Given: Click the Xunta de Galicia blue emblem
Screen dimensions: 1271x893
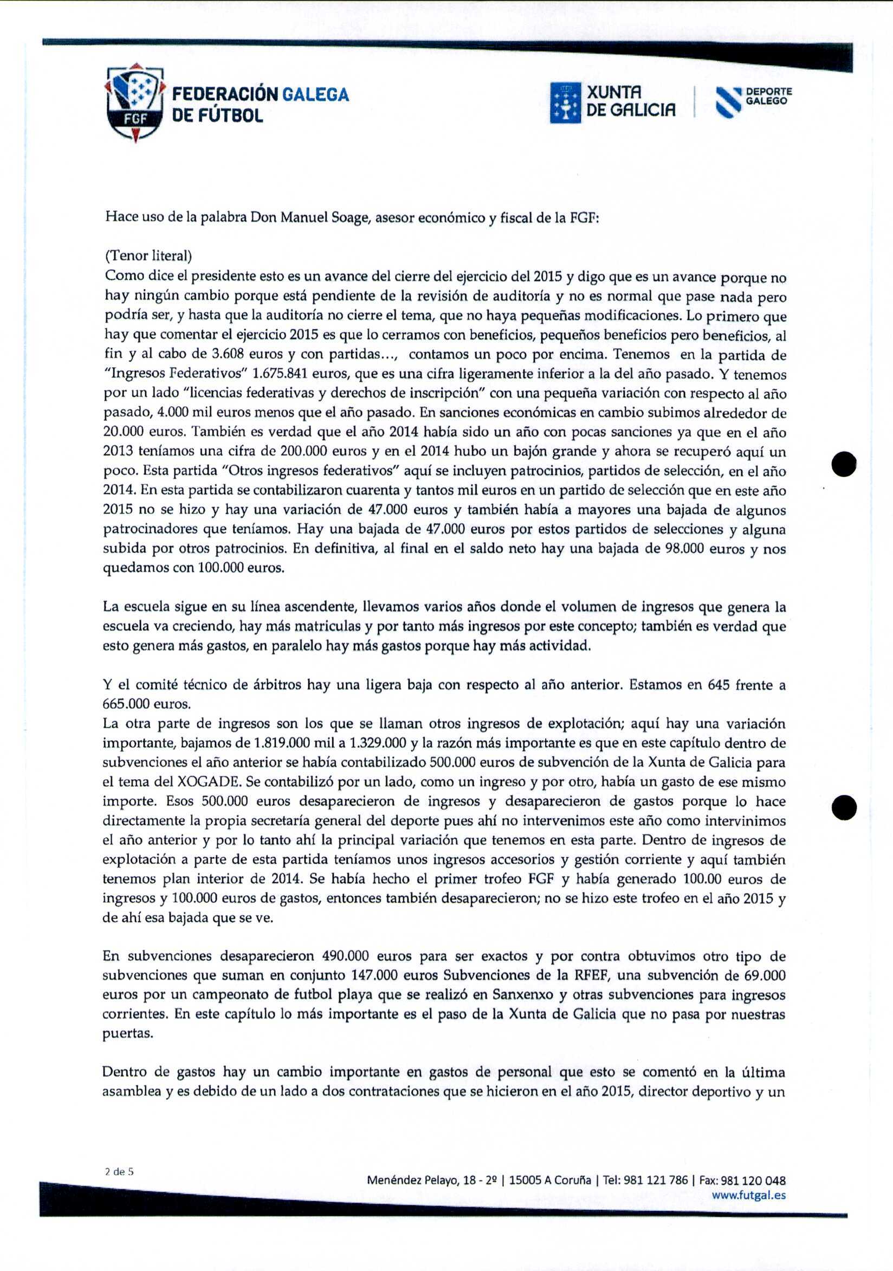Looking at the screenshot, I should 565,102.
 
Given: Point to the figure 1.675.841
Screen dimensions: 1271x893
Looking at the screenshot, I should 279,374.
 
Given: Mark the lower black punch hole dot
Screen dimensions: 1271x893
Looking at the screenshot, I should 844,808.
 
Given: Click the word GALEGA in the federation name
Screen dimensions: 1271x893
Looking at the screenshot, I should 315,95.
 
